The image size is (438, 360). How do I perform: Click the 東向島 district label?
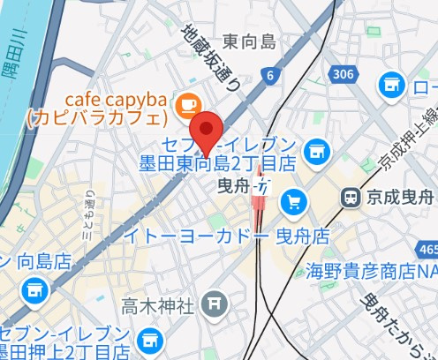[249, 41]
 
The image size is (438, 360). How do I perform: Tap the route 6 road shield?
[268, 77]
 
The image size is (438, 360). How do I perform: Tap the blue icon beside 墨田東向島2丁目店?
[313, 153]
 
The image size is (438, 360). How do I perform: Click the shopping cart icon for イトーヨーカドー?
[293, 203]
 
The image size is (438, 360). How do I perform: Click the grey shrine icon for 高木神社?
[215, 305]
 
